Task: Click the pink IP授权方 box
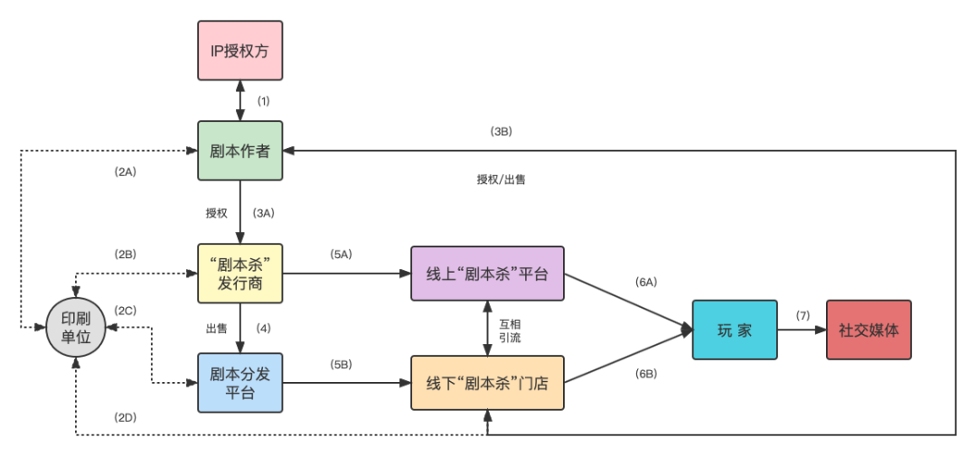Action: click(239, 51)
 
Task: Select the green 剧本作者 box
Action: click(239, 151)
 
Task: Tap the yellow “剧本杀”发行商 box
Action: click(239, 274)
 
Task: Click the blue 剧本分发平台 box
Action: click(239, 383)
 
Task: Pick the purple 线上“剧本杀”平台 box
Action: click(487, 274)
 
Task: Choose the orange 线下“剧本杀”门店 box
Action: click(487, 383)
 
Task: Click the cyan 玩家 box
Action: click(734, 330)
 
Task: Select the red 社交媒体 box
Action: click(868, 330)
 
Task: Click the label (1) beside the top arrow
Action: click(264, 99)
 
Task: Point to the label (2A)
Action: click(125, 172)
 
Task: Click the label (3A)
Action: click(263, 213)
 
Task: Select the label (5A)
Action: click(341, 255)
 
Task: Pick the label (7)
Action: click(802, 314)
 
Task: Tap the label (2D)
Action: click(125, 416)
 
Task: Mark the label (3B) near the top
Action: click(502, 131)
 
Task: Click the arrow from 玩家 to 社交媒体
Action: click(801, 330)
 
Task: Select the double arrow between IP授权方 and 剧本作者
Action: click(239, 100)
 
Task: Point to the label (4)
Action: click(264, 328)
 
